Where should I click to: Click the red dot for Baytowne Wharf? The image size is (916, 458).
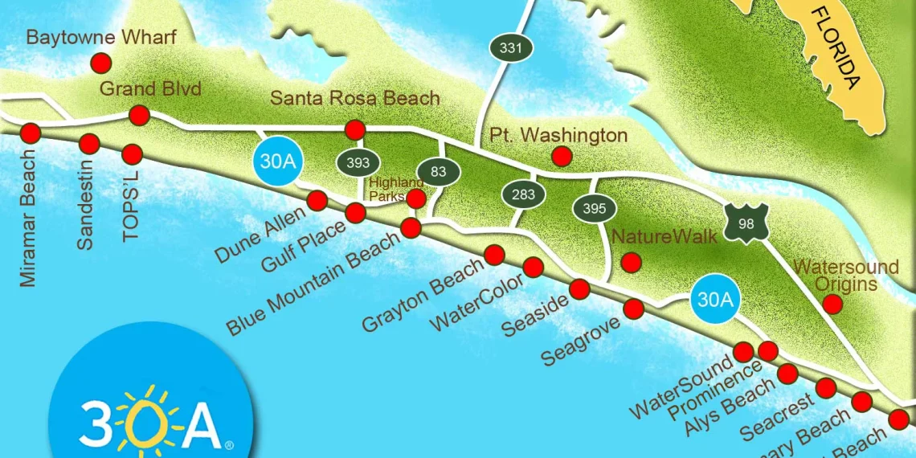[x=101, y=63]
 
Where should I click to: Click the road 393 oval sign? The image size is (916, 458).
[x=358, y=163]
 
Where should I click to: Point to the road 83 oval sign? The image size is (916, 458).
[x=438, y=171]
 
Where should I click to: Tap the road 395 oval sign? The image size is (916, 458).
[x=594, y=208]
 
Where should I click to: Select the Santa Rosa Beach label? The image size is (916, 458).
[x=355, y=98]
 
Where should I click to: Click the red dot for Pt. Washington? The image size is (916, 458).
[x=562, y=156]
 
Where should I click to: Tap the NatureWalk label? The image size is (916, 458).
[x=652, y=237]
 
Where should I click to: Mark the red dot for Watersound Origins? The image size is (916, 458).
[x=832, y=304]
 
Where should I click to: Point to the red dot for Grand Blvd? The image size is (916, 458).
[x=140, y=115]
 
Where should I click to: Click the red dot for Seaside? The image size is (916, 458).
[x=579, y=289]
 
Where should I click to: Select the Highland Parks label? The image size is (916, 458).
[x=395, y=190]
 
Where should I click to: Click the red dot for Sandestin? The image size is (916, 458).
[x=89, y=144]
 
